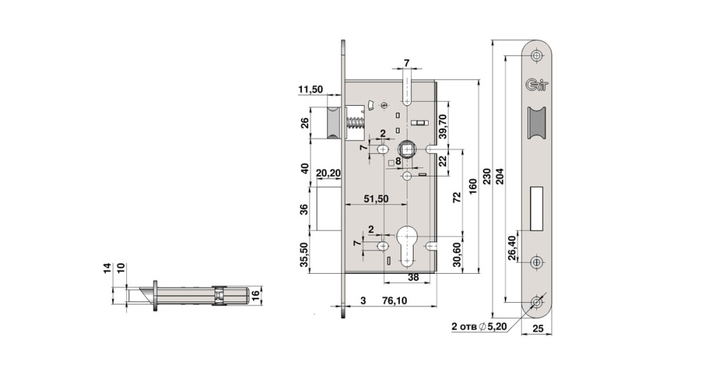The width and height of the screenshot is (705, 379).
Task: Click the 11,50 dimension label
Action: click(310, 90)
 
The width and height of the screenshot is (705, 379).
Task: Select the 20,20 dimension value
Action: click(329, 173)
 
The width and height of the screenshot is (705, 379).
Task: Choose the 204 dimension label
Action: click(501, 176)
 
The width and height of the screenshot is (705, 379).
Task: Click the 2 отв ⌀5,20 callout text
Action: click(479, 327)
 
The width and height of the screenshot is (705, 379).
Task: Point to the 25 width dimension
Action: click(538, 329)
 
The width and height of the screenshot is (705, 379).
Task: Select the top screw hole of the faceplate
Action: click(537, 54)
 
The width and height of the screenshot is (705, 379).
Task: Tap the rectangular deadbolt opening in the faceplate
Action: click(537, 207)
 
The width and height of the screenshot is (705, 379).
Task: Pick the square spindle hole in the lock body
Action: click(407, 149)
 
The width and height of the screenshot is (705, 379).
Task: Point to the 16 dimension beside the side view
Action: click(257, 294)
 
